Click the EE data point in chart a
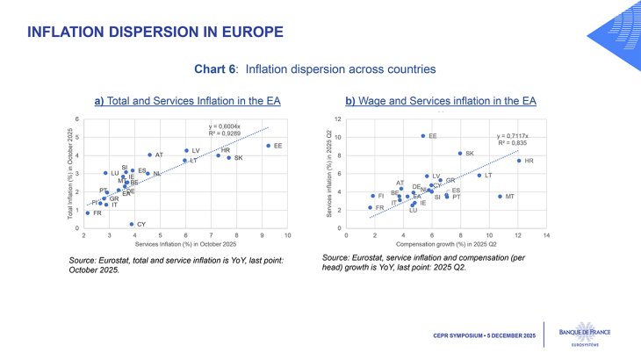268,146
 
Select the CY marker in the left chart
132,224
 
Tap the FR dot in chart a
88,212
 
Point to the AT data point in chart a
150,155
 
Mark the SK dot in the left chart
229,158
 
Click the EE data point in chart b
423,136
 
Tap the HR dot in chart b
519,161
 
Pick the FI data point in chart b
373,196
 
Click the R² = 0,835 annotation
514,143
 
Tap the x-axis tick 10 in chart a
287,235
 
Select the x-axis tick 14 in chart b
546,235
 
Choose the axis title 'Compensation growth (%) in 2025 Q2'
447,243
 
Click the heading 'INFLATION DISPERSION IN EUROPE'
155,32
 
